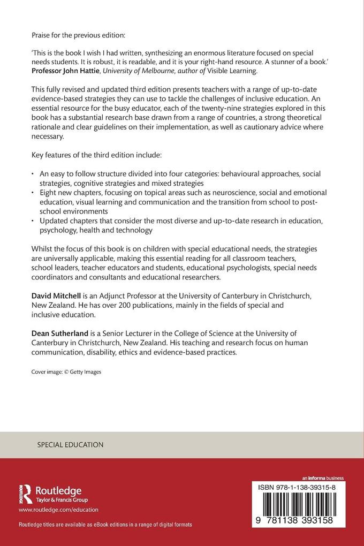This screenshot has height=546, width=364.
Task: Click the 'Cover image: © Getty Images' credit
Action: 66,371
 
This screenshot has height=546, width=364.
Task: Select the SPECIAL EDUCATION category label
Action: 70,445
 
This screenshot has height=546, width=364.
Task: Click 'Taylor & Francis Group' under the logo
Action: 58,498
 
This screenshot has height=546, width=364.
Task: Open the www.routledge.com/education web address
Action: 58,510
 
